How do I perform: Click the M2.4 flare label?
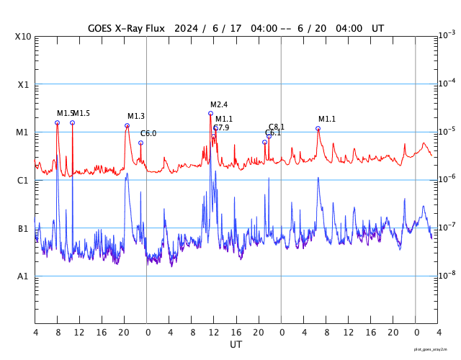pyautogui.click(x=219, y=105)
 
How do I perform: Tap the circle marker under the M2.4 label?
pyautogui.click(x=211, y=113)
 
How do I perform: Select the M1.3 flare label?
pyautogui.click(x=136, y=117)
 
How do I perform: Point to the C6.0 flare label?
pyautogui.click(x=148, y=134)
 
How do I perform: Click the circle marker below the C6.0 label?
pyautogui.click(x=140, y=143)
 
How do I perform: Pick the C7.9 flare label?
pyautogui.click(x=221, y=127)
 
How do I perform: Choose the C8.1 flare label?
pyautogui.click(x=277, y=127)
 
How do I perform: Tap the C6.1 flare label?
pyautogui.click(x=273, y=133)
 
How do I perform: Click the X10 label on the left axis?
pyautogui.click(x=23, y=37)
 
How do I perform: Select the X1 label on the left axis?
pyautogui.click(x=23, y=85)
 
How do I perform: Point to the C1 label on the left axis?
pyautogui.click(x=23, y=181)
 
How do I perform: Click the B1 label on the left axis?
pyautogui.click(x=23, y=229)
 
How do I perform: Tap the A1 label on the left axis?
pyautogui.click(x=23, y=276)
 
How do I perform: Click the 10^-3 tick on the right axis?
pyautogui.click(x=446, y=35)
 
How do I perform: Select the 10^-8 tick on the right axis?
pyautogui.click(x=446, y=275)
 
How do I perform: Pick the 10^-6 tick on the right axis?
pyautogui.click(x=446, y=179)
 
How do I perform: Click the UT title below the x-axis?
pyautogui.click(x=236, y=345)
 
